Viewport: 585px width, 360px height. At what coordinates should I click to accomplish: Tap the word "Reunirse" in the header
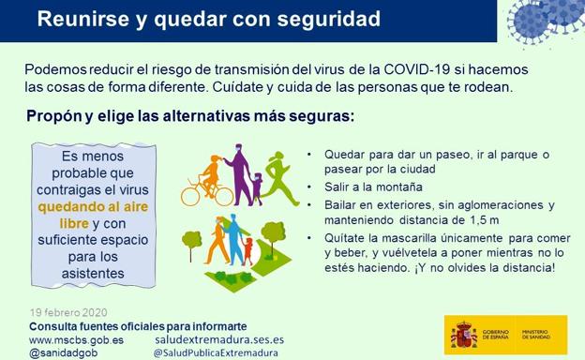[78, 19]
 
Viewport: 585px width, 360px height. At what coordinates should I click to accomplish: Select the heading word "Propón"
[57, 117]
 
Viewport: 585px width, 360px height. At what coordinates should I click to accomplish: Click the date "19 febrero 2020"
[68, 312]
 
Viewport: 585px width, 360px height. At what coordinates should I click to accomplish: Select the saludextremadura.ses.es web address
[218, 339]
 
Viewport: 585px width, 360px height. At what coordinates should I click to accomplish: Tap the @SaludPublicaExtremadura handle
[217, 353]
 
